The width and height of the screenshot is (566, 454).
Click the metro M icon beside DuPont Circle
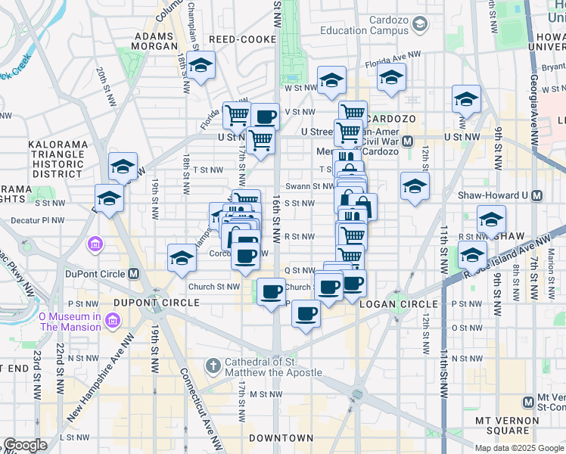pos(134,274)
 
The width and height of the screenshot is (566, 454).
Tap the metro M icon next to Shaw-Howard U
pos(537,195)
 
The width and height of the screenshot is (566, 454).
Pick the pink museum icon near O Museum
pos(95,244)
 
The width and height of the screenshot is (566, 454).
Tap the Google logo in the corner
pos(25,445)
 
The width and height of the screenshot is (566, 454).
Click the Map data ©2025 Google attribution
pos(519,447)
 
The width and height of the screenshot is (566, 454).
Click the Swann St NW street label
pos(309,186)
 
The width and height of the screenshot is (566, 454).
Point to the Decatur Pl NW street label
pos(38,221)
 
